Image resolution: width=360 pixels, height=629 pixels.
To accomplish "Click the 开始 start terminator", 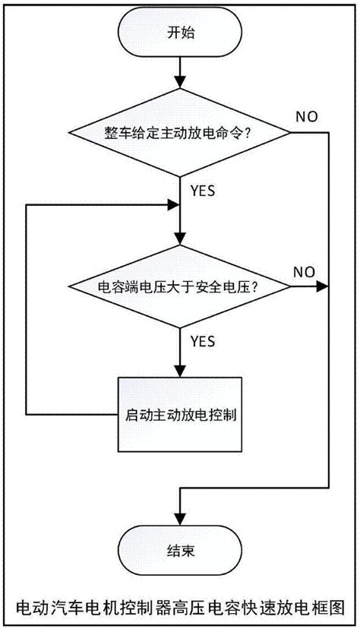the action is [x=180, y=33].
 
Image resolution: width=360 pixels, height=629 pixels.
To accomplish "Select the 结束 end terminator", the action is [x=180, y=550].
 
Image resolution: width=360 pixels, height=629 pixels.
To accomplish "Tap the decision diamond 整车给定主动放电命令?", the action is [x=179, y=132].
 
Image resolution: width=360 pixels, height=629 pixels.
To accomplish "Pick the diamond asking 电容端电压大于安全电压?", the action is [x=179, y=287].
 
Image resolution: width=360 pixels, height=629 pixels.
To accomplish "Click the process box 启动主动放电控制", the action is [x=180, y=414].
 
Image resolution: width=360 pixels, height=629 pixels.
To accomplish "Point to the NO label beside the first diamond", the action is [x=307, y=117].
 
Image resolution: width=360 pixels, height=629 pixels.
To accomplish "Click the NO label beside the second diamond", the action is [x=305, y=272].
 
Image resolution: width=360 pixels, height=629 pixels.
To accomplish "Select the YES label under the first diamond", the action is [x=203, y=191].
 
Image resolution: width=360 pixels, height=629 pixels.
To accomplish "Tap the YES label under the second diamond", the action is [x=203, y=341].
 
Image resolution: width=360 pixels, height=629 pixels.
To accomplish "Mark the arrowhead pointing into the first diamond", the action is [x=180, y=82].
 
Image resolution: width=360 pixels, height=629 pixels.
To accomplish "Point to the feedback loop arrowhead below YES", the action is [x=173, y=205].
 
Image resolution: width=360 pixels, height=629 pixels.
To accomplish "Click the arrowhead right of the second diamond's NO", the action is [x=322, y=287].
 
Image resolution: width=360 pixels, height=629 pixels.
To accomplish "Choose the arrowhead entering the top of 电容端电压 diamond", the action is [x=180, y=239].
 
